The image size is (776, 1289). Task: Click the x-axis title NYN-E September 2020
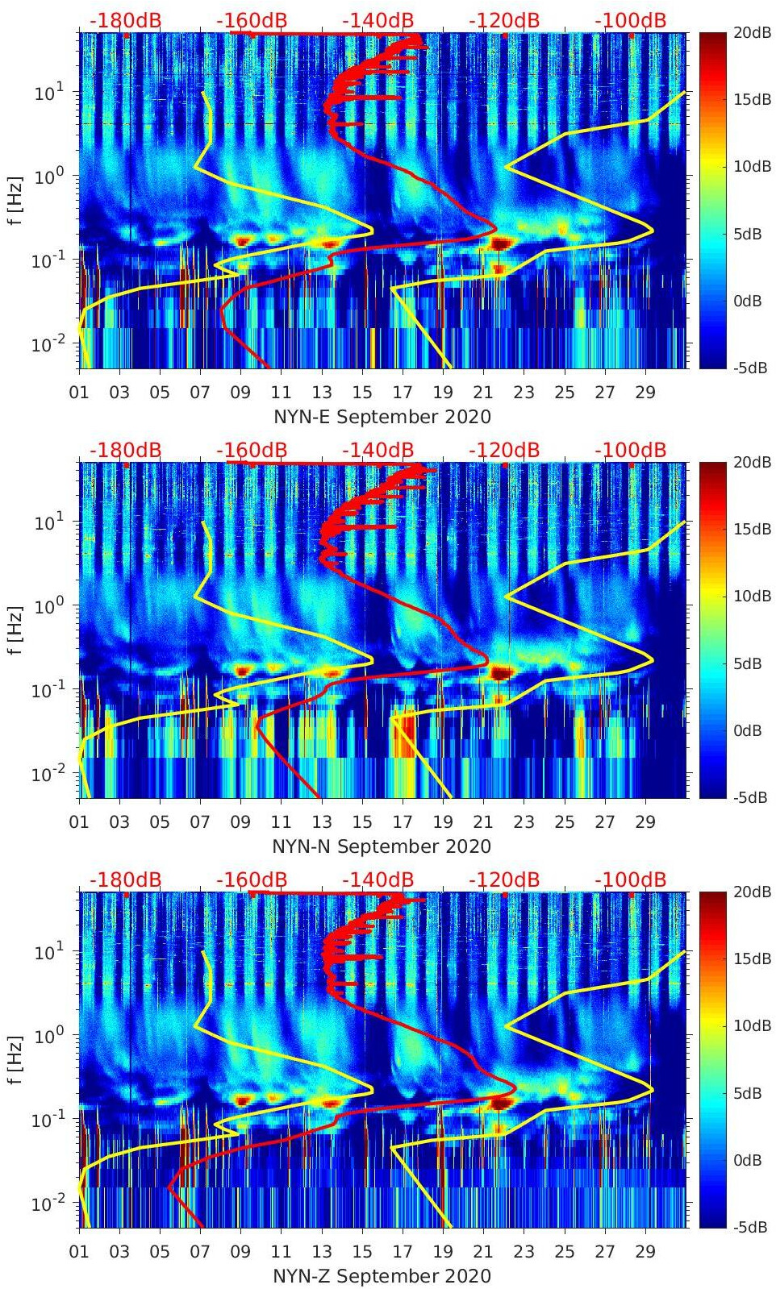[x=382, y=417]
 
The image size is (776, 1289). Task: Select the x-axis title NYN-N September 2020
[x=382, y=846]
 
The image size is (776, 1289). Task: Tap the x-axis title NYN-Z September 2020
[x=382, y=1276]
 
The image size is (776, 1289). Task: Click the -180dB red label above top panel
[x=126, y=20]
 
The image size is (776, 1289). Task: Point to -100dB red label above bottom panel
[x=631, y=879]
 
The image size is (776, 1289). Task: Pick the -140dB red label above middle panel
[x=378, y=450]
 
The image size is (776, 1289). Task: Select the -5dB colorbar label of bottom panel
[x=752, y=1227]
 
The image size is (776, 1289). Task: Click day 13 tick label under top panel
[x=322, y=393]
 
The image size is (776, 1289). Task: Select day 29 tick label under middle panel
[x=645, y=822]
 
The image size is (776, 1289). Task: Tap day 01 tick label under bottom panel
[x=79, y=1252]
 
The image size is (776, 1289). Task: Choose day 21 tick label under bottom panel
[x=483, y=1252]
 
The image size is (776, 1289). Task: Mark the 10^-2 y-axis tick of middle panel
[x=48, y=775]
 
